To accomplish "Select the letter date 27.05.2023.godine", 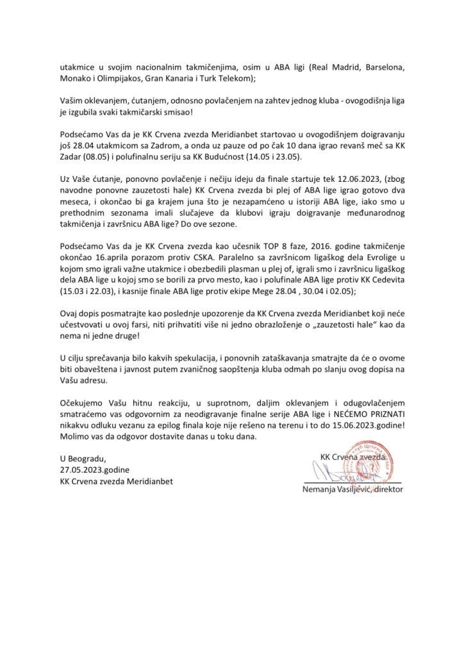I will (99, 470).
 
